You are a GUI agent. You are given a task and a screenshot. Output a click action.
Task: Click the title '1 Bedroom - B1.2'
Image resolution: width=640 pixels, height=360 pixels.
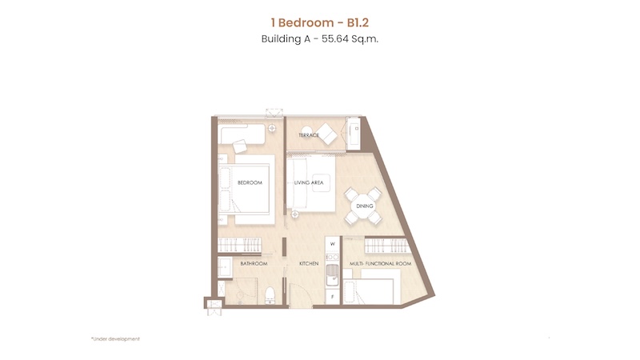(319, 22)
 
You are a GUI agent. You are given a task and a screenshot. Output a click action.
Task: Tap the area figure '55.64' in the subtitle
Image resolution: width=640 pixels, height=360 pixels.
(335, 38)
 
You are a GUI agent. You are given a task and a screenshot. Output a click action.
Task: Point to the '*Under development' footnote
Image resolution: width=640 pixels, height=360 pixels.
(115, 338)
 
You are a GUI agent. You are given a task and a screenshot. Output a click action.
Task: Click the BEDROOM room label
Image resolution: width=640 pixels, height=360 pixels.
(250, 182)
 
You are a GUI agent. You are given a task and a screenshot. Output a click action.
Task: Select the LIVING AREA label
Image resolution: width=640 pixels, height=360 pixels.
(309, 182)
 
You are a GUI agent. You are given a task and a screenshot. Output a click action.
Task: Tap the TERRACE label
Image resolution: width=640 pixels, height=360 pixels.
(309, 135)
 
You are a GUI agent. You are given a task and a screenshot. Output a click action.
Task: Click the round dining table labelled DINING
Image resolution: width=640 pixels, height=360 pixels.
(364, 206)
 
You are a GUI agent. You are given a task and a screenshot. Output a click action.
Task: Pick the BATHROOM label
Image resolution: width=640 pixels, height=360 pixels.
(254, 264)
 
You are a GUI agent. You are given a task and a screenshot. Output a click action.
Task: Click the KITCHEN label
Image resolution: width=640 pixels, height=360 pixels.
(309, 264)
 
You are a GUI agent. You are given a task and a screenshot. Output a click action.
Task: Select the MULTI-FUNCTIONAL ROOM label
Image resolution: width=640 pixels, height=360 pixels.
(381, 264)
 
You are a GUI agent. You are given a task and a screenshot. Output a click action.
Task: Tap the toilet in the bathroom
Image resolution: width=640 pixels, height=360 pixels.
(270, 295)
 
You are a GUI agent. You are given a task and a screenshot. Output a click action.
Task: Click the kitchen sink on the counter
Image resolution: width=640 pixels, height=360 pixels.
(332, 274)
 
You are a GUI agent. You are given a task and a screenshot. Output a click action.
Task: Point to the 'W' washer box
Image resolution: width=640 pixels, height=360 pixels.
(333, 244)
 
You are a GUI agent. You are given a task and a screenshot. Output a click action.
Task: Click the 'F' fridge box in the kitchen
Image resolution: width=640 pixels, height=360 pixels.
(333, 297)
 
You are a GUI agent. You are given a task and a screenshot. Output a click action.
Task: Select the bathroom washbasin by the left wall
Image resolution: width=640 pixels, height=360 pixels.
(225, 268)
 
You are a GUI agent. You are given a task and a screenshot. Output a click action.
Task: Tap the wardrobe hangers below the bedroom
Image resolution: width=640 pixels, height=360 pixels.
(239, 245)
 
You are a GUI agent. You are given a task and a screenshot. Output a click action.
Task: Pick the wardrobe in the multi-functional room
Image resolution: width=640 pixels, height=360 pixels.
(386, 246)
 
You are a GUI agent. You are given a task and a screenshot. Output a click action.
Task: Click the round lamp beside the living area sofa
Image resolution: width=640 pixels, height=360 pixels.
(294, 214)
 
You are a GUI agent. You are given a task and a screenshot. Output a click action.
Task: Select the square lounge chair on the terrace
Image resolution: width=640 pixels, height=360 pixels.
(326, 133)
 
